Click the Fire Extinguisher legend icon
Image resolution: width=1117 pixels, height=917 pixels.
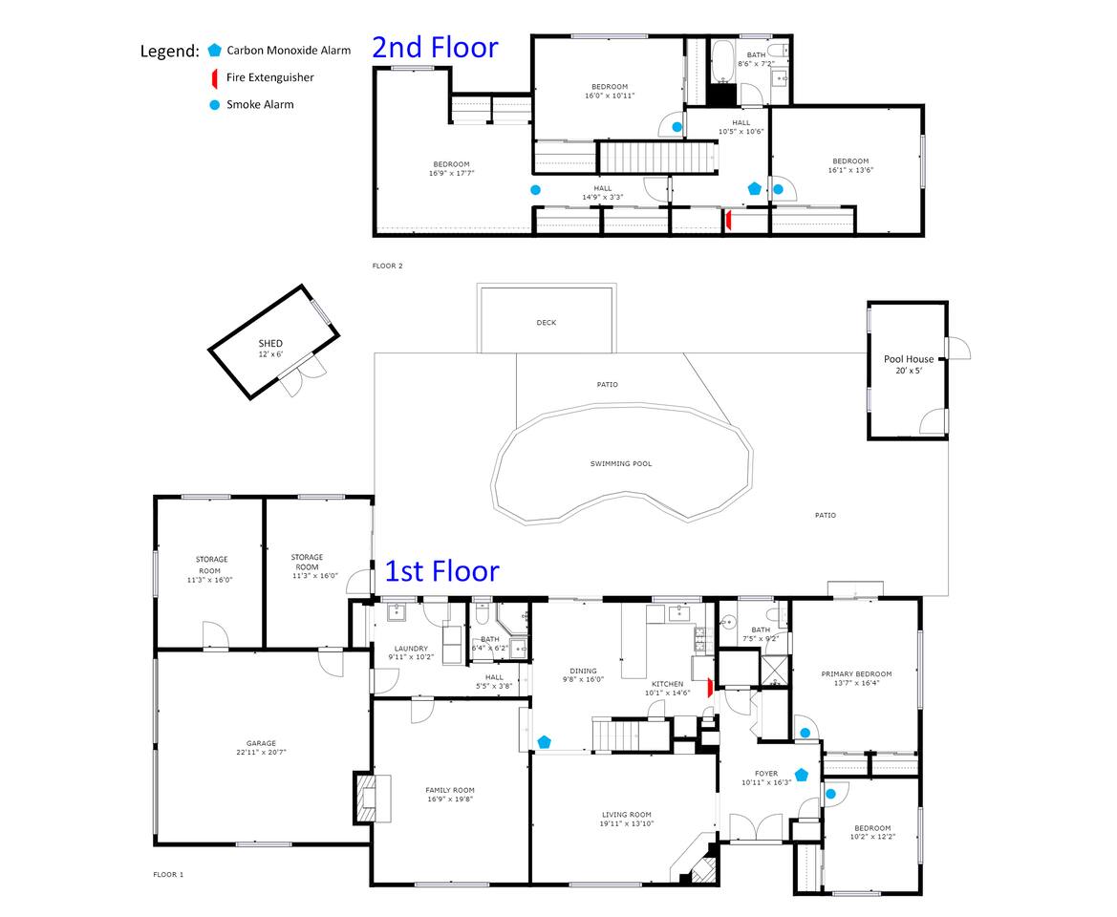pos(214,77)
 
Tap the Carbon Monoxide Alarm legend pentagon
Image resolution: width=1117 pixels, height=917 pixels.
pos(214,50)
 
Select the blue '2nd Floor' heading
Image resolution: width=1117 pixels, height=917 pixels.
pos(436,47)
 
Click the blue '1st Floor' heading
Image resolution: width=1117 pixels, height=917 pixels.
pos(441,571)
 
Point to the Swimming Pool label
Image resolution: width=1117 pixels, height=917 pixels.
pos(620,463)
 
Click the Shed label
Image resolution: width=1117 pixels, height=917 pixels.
pos(270,343)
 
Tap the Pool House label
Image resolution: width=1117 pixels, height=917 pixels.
pos(909,359)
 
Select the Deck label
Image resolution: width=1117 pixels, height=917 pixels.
pos(547,323)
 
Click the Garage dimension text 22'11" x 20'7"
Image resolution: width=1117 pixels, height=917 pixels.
pos(262,752)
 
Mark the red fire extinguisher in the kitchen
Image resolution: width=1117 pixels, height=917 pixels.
pos(710,688)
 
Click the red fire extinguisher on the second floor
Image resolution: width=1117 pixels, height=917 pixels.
pos(728,220)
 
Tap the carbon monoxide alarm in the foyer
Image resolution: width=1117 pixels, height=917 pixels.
pos(802,775)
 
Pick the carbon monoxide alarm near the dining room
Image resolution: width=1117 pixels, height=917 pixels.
pos(545,742)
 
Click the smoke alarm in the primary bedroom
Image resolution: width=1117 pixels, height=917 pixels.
pos(805,733)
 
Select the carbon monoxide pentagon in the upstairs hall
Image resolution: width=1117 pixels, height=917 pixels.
pos(755,189)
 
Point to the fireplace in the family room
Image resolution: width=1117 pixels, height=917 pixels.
pos(372,799)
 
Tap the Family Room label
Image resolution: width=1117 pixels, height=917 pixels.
pos(449,790)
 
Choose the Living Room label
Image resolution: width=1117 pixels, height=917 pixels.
pos(626,815)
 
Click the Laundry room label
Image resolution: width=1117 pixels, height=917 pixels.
pos(411,649)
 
